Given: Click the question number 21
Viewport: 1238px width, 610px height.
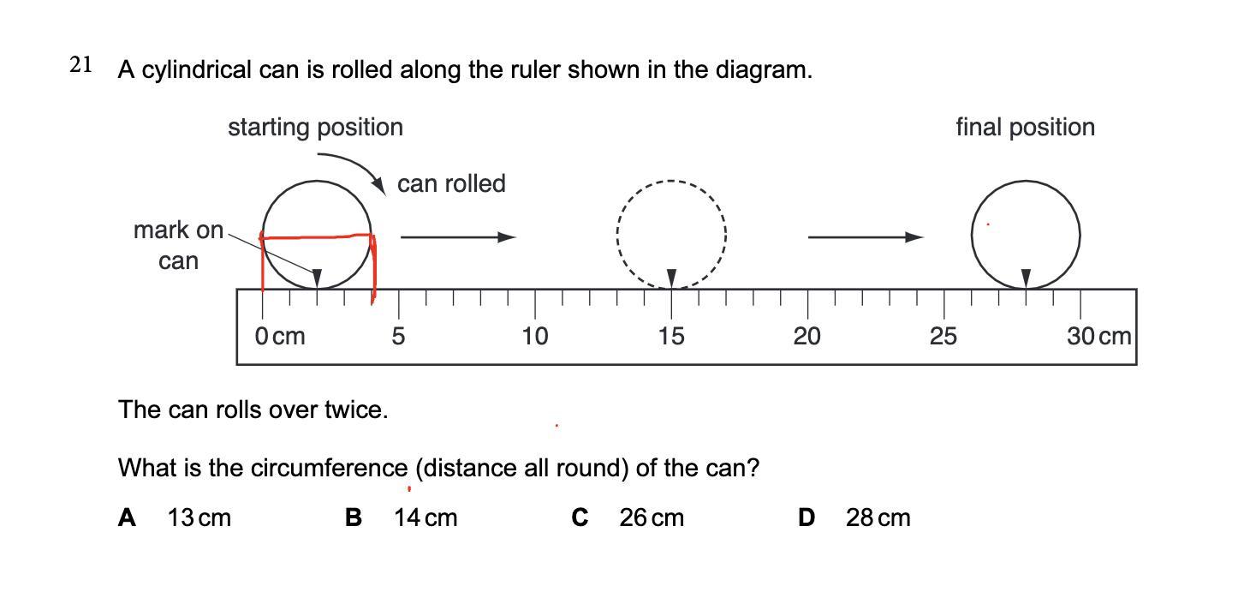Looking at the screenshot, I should (80, 65).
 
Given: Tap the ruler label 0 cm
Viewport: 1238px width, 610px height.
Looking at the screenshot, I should (280, 337).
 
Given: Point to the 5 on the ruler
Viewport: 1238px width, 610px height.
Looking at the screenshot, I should (398, 337).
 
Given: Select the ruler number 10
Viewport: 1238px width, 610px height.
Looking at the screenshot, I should (535, 337).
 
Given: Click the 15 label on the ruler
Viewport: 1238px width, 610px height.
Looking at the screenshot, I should (671, 337).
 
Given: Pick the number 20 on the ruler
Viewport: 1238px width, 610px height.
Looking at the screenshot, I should (806, 337).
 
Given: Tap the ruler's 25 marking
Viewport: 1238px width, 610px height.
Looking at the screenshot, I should (943, 337).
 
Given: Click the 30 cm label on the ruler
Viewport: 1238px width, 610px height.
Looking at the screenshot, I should (1099, 337).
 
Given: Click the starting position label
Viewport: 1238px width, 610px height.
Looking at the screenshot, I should (315, 128).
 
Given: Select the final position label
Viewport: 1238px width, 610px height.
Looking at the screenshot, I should (1025, 128).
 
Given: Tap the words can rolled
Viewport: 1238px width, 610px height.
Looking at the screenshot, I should (451, 183).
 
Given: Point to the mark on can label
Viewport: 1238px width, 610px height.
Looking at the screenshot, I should (178, 245).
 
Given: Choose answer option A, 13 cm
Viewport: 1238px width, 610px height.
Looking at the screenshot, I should (176, 517).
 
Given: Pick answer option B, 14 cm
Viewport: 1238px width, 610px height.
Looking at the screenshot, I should (402, 517).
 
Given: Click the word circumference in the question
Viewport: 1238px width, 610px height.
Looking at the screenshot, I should (329, 469).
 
